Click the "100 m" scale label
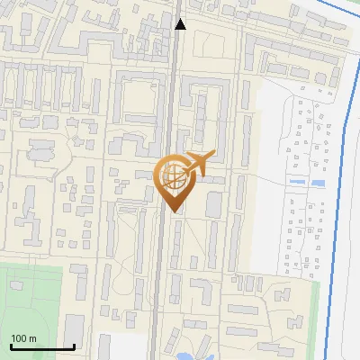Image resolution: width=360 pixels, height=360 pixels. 23,338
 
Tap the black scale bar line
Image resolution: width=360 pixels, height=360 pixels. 42,346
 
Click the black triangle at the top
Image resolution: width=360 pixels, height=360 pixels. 180,24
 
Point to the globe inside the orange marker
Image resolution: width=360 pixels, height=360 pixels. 172,176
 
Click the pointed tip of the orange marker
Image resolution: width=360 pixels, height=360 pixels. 172,211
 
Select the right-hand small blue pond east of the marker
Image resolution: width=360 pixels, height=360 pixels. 318,183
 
